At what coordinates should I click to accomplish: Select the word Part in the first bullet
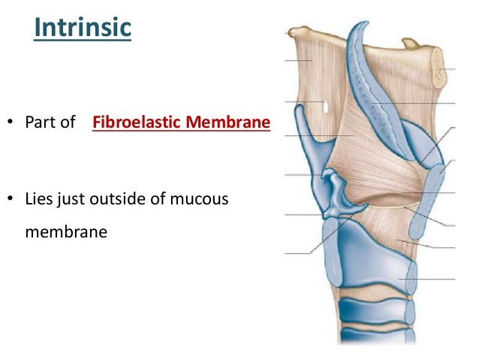click(40, 122)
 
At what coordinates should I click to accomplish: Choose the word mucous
click(200, 200)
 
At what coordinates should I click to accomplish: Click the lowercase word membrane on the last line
click(66, 232)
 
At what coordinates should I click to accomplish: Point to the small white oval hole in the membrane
click(324, 107)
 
